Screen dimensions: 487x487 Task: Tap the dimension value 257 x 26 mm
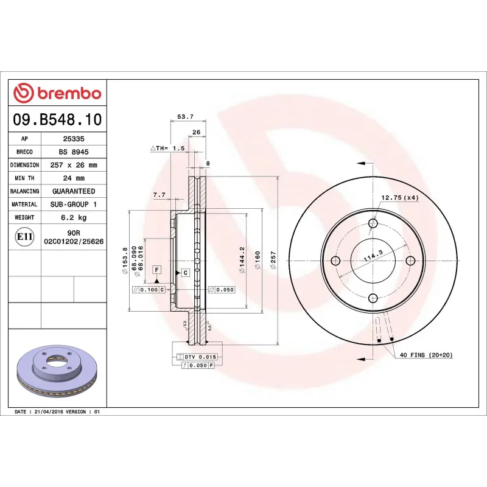click(x=74, y=165)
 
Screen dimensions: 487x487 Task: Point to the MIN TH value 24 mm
click(x=74, y=178)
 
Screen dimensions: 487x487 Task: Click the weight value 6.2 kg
click(x=74, y=217)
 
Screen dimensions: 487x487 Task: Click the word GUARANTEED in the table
click(x=74, y=191)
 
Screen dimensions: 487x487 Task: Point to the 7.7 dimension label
click(x=159, y=195)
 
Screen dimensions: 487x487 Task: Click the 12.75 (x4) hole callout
click(x=400, y=198)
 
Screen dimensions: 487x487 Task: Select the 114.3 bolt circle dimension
click(x=373, y=256)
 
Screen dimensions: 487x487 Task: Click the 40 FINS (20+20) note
click(x=426, y=355)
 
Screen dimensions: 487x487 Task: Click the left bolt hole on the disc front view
click(x=335, y=261)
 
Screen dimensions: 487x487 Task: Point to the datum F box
click(x=156, y=269)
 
